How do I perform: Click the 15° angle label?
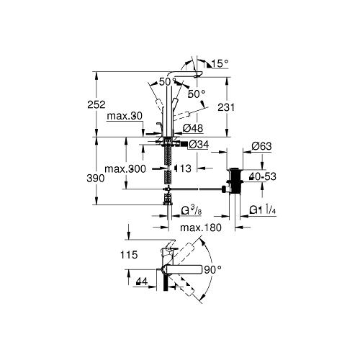click(219, 64)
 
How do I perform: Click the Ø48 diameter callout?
click(193, 128)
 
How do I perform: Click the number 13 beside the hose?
click(184, 168)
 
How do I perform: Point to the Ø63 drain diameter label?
click(262, 147)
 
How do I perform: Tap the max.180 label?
click(198, 228)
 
